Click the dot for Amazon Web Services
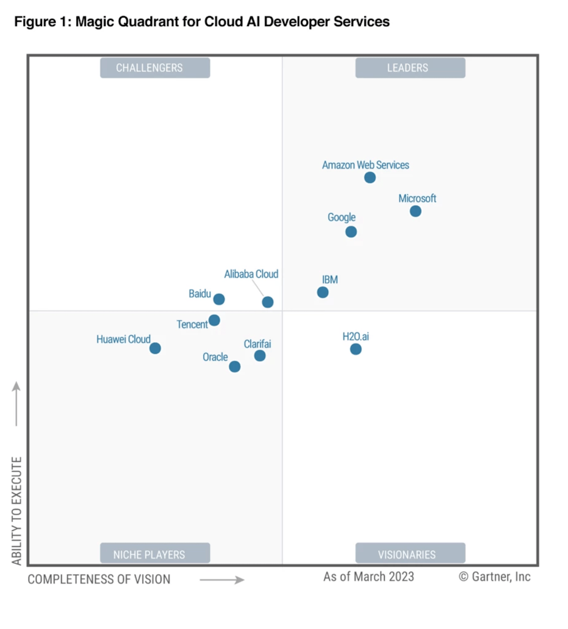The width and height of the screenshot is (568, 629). click(x=370, y=177)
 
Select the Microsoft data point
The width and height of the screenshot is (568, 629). click(x=415, y=211)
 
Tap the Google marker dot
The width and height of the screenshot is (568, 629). click(x=351, y=232)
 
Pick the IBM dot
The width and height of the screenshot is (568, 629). click(x=323, y=292)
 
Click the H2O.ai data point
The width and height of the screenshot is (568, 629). click(x=356, y=349)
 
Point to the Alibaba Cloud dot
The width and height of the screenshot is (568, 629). click(x=268, y=302)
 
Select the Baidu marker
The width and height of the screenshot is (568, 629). click(x=219, y=299)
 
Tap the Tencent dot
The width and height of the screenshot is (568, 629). click(x=214, y=320)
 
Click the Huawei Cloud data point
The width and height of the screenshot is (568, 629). click(x=155, y=348)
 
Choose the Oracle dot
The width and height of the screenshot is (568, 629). click(x=235, y=366)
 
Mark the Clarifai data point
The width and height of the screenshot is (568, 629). click(x=260, y=356)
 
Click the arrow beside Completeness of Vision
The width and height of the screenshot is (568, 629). click(x=222, y=580)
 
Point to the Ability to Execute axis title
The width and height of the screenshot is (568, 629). click(x=17, y=511)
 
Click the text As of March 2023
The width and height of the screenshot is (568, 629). click(x=368, y=577)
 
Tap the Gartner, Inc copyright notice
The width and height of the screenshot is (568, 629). click(x=494, y=577)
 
